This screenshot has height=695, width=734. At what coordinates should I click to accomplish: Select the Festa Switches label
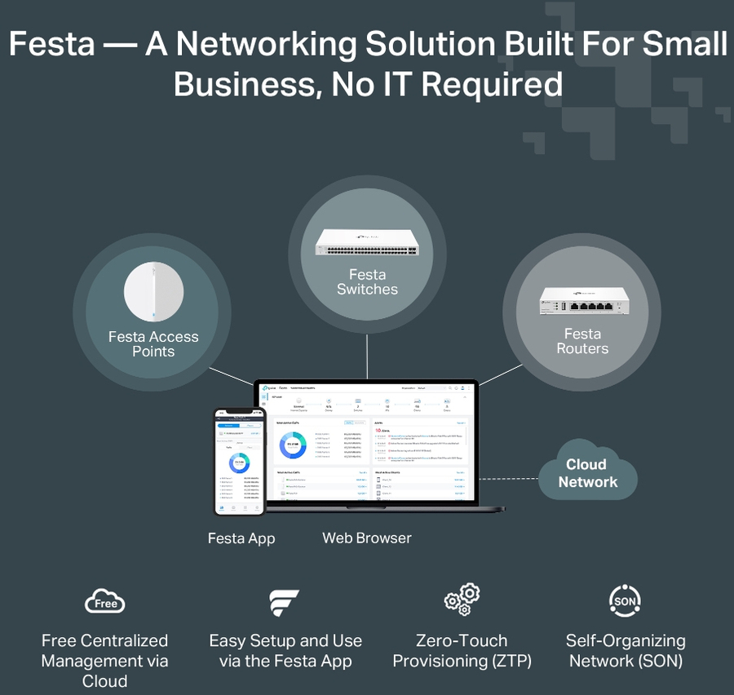(367, 282)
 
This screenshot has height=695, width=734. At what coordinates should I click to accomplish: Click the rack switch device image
(367, 243)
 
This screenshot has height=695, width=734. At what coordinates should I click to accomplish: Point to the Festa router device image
(581, 303)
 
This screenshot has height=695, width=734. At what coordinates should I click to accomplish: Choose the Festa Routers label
(582, 341)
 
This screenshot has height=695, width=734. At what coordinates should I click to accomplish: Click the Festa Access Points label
(153, 344)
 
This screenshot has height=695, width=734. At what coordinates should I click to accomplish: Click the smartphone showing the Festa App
(240, 462)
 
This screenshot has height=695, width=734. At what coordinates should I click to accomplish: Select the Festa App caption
(241, 538)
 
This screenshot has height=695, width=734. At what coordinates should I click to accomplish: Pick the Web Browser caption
(367, 538)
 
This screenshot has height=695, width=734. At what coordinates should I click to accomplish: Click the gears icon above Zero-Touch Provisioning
(462, 600)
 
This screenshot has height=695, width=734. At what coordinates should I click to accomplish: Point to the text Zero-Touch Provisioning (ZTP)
(462, 651)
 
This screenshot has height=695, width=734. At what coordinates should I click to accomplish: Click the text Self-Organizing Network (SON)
(626, 651)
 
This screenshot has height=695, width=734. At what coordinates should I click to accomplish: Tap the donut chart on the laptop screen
(294, 445)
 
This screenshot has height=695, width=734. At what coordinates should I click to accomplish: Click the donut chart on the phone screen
(240, 465)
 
